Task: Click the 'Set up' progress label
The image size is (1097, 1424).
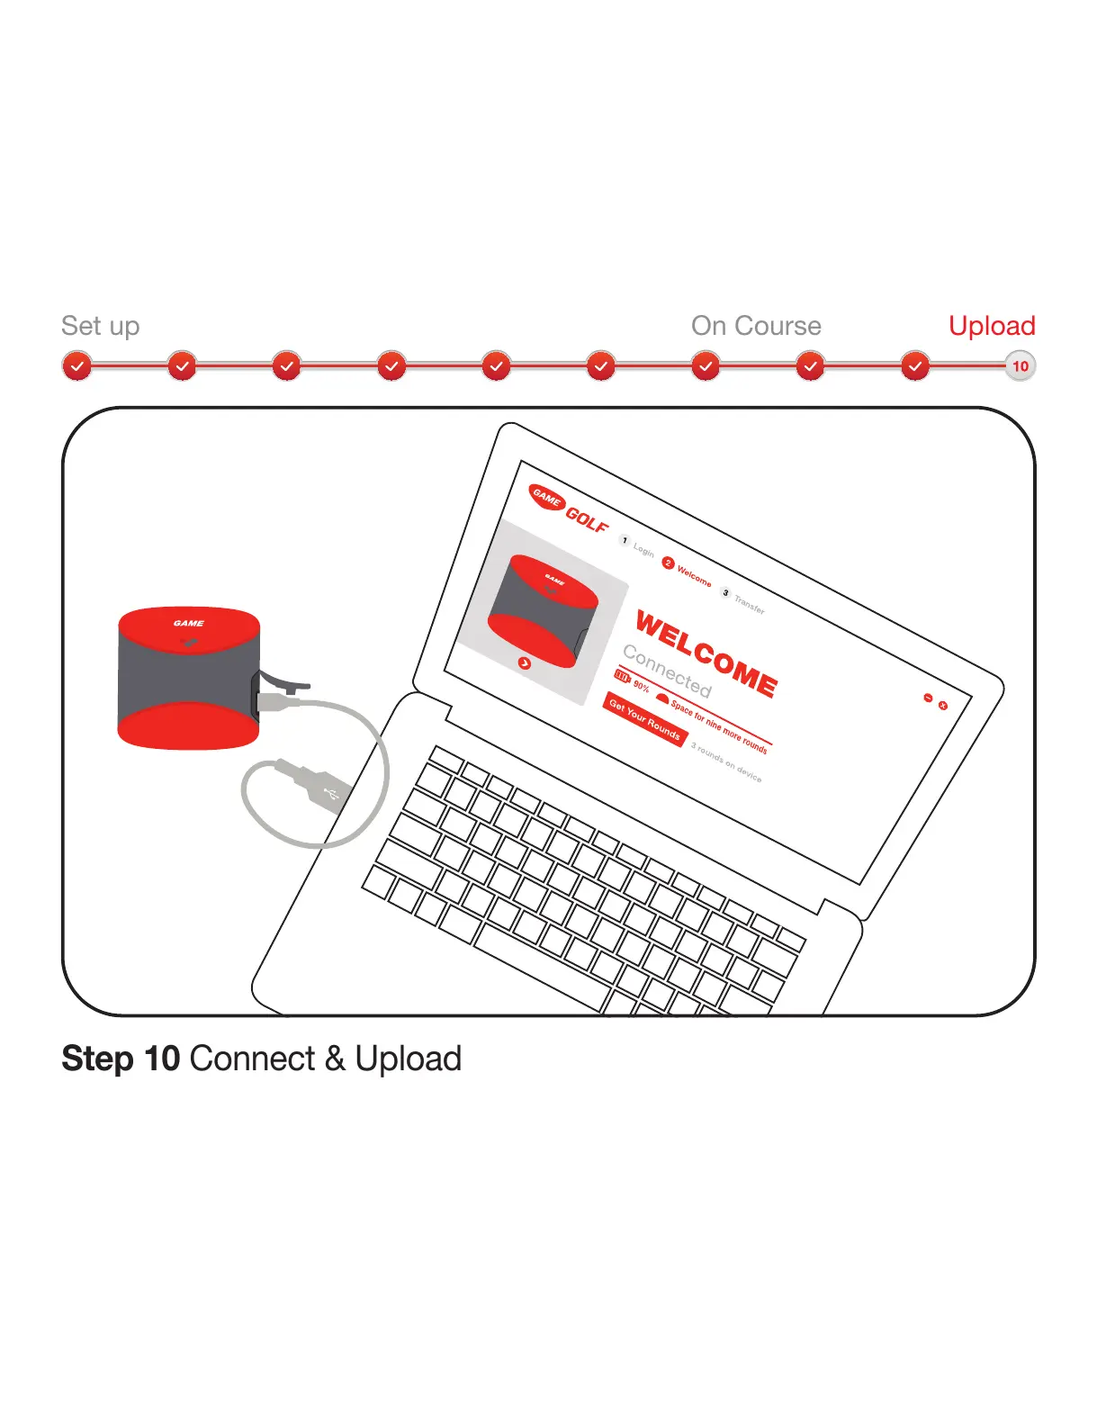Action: click(x=100, y=326)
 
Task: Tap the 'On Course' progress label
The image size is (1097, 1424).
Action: click(x=756, y=326)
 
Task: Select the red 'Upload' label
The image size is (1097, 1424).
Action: click(x=992, y=326)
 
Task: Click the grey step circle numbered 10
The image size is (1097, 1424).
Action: click(x=1020, y=366)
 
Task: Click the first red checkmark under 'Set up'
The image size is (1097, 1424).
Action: click(x=77, y=366)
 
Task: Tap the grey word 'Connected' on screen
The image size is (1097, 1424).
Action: click(x=667, y=671)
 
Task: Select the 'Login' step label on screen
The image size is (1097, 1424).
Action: click(x=643, y=549)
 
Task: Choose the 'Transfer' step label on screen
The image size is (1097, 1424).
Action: click(x=749, y=604)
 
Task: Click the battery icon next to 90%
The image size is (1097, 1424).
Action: click(x=622, y=676)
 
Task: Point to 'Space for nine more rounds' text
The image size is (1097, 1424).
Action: click(x=719, y=726)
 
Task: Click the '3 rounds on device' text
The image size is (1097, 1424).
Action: click(x=726, y=762)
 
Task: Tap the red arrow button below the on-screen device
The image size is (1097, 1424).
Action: click(x=525, y=663)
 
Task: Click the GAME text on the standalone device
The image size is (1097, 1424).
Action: click(x=189, y=623)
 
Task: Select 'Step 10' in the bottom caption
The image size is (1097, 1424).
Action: click(x=121, y=1059)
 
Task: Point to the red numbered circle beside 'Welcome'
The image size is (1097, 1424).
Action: click(x=668, y=563)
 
